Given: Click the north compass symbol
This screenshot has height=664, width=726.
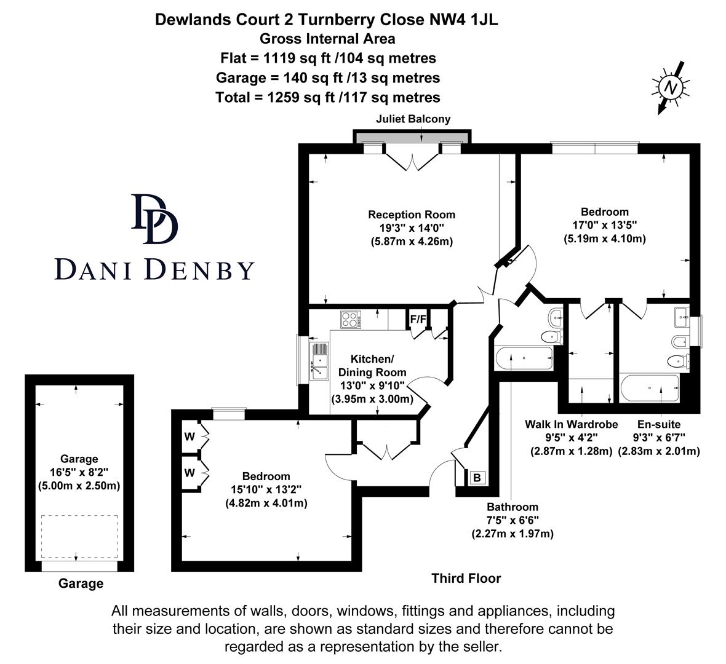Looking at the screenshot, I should [x=670, y=88].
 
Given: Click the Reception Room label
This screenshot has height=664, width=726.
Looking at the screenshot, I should [x=412, y=215].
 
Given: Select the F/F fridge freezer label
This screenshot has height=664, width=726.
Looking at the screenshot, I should [x=418, y=319].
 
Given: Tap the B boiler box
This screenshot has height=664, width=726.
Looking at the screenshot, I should [x=476, y=477].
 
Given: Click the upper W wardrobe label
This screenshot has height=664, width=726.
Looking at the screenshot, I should [x=189, y=437].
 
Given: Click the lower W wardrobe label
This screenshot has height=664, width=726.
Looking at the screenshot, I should [x=189, y=473].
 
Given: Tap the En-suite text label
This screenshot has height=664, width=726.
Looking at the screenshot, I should [x=658, y=424].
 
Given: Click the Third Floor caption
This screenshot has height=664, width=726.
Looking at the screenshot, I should [x=466, y=579].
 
